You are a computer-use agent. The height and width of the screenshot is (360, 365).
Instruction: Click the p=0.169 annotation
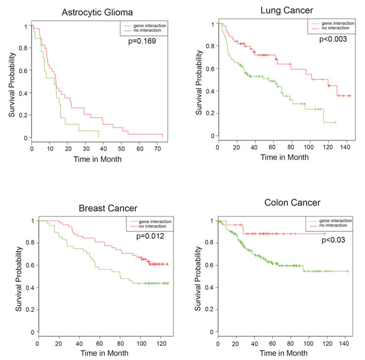[x=144, y=40]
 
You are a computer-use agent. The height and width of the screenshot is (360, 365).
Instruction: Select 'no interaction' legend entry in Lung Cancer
[x=332, y=30]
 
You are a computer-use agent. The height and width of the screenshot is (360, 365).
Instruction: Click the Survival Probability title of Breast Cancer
[x=19, y=278]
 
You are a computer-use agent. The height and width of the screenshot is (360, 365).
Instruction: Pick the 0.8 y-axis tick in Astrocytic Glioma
[x=24, y=49]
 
